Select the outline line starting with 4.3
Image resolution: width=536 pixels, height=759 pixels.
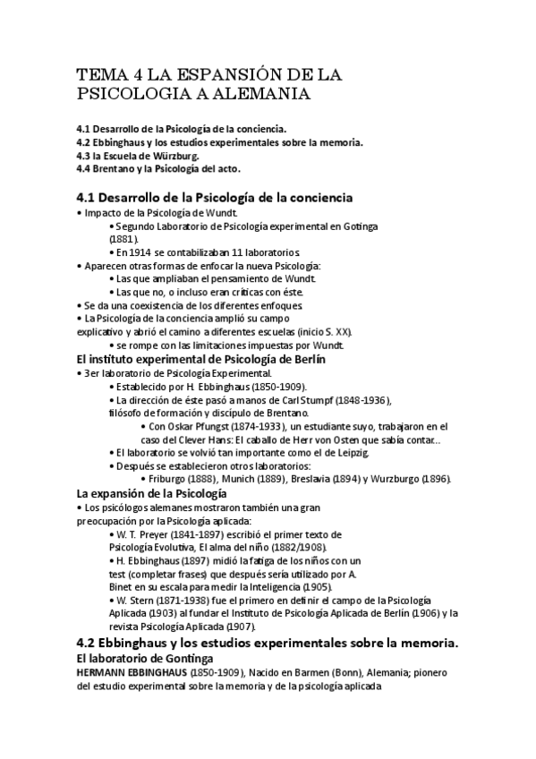point(138,155)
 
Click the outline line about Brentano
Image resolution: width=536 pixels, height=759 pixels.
point(158,168)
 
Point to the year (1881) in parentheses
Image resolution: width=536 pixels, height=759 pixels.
point(123,240)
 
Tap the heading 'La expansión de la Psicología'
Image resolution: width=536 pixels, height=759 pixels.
point(152,493)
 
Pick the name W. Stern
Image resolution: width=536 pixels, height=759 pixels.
point(135,600)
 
